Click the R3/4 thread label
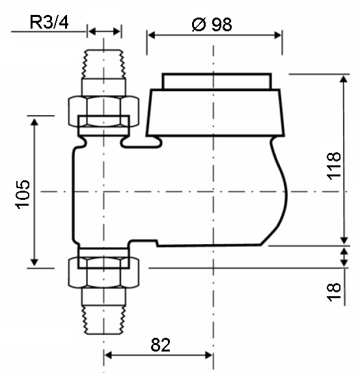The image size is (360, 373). pos(49,22)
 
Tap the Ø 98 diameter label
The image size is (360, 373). pos(212,24)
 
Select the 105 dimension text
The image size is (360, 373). pos(23,195)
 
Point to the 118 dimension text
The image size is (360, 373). pos(333,166)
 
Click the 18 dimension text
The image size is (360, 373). pos(333,292)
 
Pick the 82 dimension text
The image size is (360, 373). pos(161,345)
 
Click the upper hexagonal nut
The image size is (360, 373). pos(104,111)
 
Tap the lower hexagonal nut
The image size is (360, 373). pos(104,273)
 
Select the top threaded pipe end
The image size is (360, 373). pos(104,64)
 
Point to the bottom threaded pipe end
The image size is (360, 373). pos(104,320)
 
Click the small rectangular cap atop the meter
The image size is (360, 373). pos(217,81)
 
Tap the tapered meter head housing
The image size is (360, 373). pos(215,113)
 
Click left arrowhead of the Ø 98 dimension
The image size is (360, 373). pos(151,35)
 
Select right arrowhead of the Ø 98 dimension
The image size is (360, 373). pos(278,35)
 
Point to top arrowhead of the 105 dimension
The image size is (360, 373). pos(35,122)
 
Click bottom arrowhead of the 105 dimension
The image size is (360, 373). pos(35,262)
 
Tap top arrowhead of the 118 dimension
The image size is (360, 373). pos(344,79)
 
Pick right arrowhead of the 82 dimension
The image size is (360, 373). pos(209,355)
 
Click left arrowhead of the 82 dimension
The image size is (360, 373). pos(108,355)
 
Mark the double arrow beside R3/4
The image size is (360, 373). pos(104,31)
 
